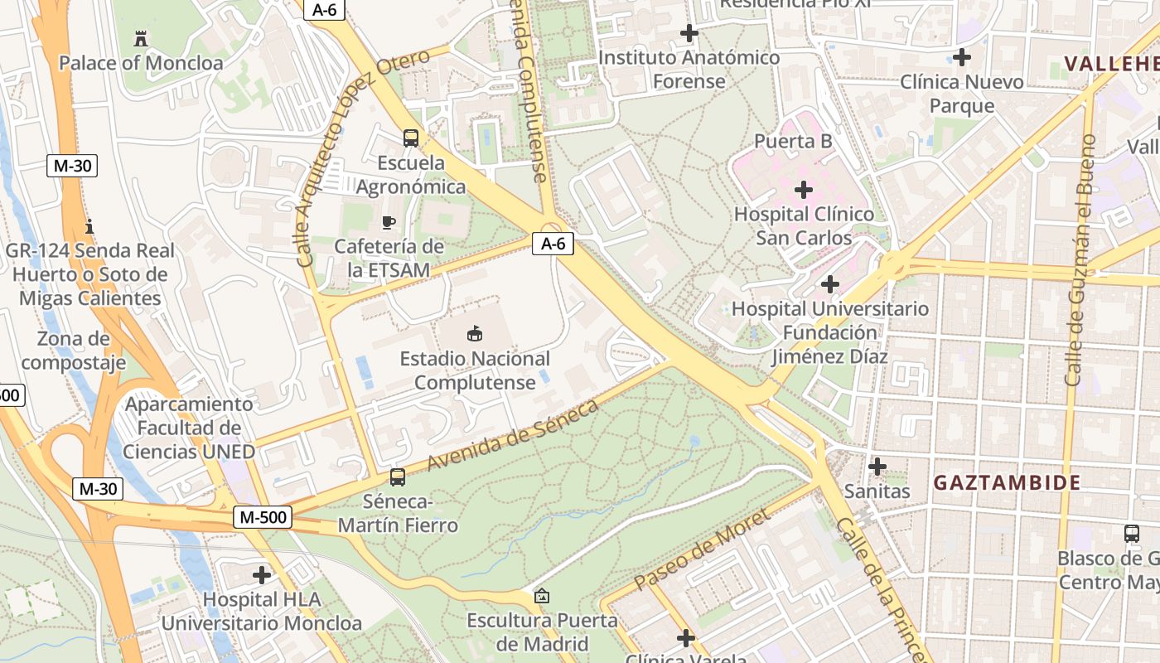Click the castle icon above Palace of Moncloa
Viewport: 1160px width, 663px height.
140,38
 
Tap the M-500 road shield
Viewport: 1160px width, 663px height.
262,517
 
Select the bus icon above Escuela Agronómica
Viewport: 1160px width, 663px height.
411,138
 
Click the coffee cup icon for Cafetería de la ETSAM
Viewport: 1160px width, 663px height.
388,222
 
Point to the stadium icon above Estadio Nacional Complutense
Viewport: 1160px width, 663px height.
475,334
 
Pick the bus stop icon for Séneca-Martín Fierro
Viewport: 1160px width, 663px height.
398,477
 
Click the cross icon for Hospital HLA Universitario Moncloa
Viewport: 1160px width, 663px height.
262,574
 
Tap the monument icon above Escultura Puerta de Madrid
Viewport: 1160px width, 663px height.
541,596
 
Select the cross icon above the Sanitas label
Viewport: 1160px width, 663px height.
877,467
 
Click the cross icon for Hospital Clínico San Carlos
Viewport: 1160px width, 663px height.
803,190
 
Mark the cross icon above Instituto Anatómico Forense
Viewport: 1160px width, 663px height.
689,34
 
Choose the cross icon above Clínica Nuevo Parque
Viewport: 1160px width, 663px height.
961,57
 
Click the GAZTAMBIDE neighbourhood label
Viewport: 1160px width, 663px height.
1007,482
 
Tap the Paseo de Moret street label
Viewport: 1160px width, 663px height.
702,549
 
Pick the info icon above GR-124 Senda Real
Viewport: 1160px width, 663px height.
89,226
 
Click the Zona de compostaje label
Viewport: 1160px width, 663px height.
74,351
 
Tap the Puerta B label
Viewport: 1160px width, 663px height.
793,142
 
